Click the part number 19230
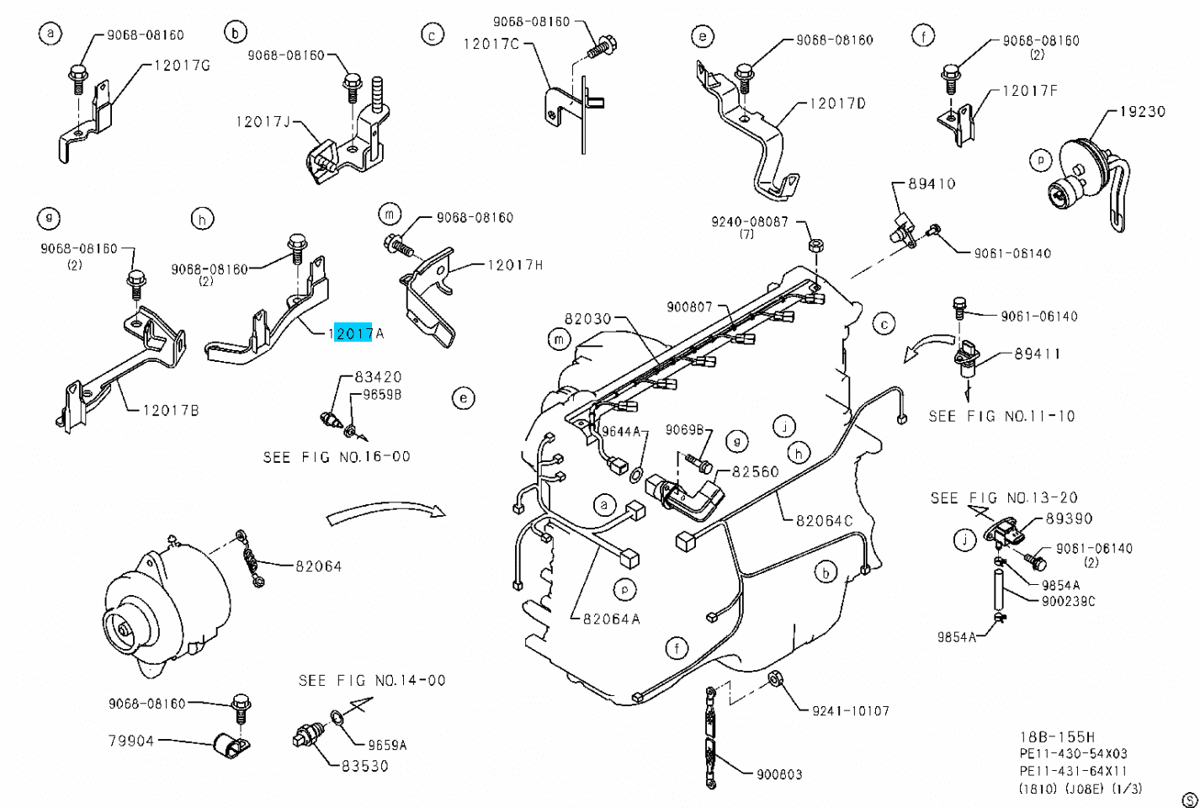[1142, 111]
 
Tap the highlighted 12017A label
[357, 333]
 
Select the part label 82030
[587, 319]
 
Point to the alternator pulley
[124, 629]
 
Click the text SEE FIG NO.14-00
[372, 680]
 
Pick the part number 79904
[131, 741]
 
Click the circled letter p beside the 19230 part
[1041, 159]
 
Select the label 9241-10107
[850, 710]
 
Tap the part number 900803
[778, 774]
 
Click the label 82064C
[824, 520]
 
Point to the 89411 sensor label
[1037, 353]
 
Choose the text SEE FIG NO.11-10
[1001, 416]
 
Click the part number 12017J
[263, 122]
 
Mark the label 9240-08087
[749, 221]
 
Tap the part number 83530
[364, 767]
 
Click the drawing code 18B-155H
[1057, 736]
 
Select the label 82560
[755, 471]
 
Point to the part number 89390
[1069, 518]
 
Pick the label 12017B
[171, 410]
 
